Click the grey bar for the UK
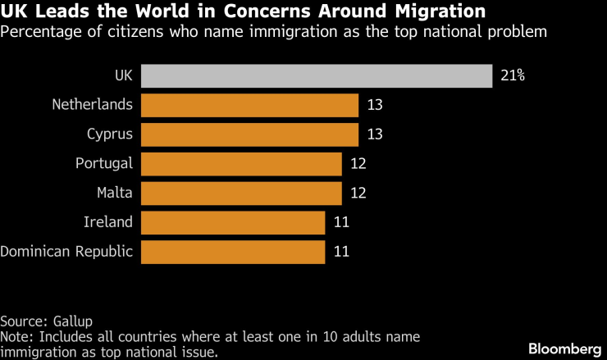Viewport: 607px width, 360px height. pos(316,75)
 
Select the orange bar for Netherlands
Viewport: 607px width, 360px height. pos(249,105)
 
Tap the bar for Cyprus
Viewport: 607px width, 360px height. pos(249,134)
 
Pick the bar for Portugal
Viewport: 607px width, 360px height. pos(241,163)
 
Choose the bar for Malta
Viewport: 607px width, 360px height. pos(241,193)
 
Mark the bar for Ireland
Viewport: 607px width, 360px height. pos(233,221)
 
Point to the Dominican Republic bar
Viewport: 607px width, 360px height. pos(233,251)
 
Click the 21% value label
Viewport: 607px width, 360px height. pos(512,75)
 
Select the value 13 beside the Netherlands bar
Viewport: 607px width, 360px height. pos(375,105)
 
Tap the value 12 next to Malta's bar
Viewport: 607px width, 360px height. pos(358,193)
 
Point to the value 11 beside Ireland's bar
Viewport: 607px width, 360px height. pos(341,221)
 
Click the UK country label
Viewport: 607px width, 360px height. pos(123,75)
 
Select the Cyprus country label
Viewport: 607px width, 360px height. pos(110,134)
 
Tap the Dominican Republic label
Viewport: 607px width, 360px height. pos(66,251)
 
